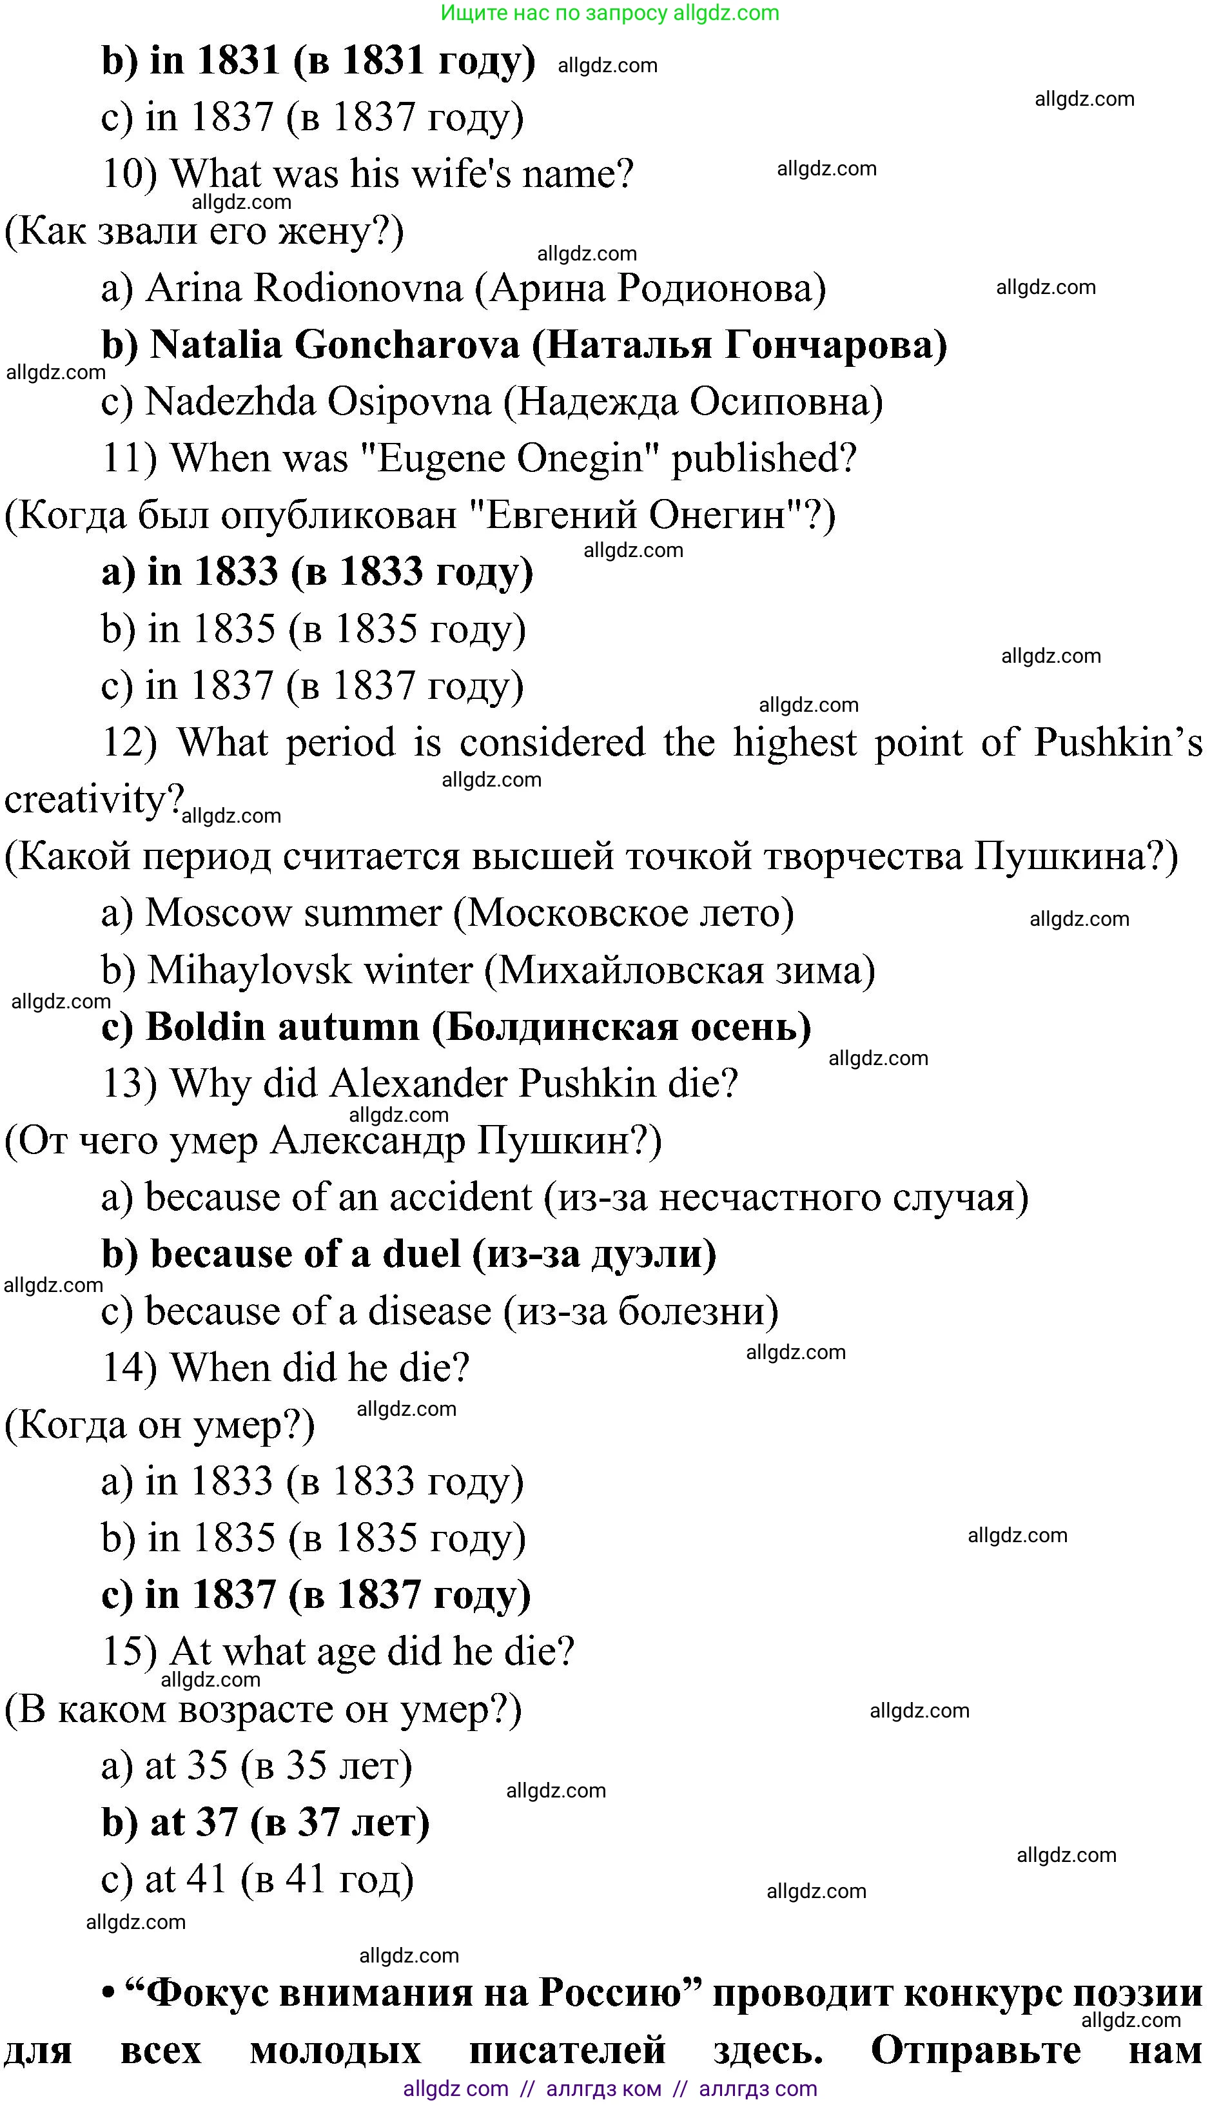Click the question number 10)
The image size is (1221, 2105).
point(130,175)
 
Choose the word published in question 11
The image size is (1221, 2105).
point(763,458)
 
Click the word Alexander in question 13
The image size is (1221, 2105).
point(419,1084)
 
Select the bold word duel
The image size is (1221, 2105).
point(421,1255)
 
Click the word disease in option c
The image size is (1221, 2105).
point(429,1311)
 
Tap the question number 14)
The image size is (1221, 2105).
point(130,1368)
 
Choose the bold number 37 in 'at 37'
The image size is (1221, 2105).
point(215,1823)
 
